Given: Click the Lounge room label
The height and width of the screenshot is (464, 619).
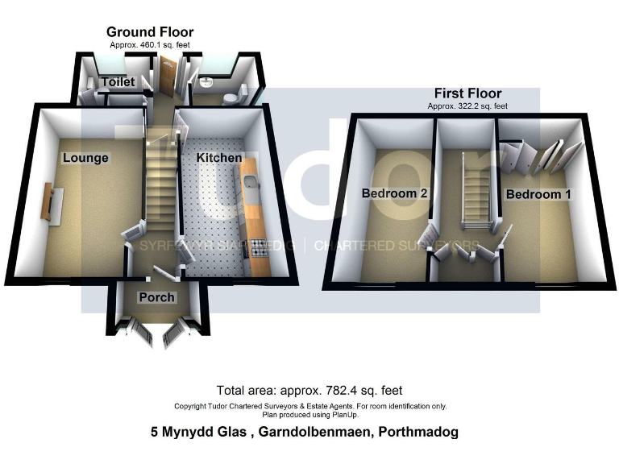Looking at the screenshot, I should pos(85,158).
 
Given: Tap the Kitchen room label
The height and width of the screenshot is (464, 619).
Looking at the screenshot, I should pos(219,158).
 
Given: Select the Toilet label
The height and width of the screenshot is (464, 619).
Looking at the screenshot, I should pos(118,82).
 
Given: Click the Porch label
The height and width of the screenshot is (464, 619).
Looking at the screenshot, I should pos(156,297).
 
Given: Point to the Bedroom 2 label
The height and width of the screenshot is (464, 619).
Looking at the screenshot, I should pos(393,194).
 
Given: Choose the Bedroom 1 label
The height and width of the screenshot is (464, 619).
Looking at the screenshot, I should pos(538,194).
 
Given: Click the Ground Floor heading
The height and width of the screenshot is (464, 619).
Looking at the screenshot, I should pos(150,32).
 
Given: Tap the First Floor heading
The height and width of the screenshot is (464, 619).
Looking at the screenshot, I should pos(467,93).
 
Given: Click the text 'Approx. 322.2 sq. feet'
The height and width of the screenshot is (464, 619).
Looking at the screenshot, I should pos(467,106).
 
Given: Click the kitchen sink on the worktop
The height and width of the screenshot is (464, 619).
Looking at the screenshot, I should pos(251,190).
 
